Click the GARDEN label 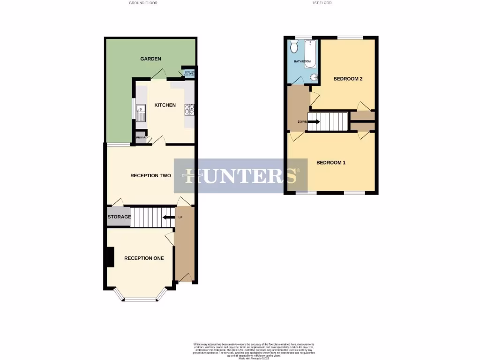(150, 59)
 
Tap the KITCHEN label (165, 105)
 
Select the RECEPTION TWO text (150, 176)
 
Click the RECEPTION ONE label (144, 258)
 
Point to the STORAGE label (119, 217)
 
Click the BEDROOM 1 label (331, 163)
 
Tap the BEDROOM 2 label (348, 79)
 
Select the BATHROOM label (302, 61)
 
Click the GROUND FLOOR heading (143, 3)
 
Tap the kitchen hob (190, 109)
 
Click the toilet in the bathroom (294, 46)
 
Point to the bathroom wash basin (315, 78)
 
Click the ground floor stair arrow (167, 217)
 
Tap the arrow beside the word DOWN (314, 122)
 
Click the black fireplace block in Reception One (110, 257)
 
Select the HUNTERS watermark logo (241, 176)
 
